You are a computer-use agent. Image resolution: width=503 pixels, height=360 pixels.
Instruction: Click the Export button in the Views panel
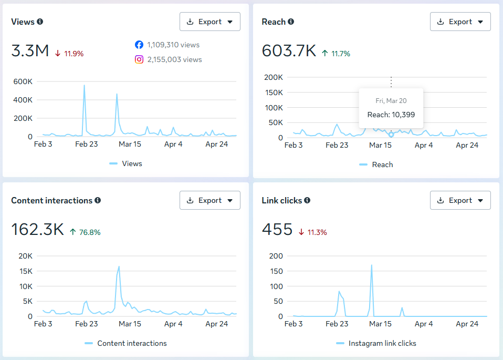coord(210,22)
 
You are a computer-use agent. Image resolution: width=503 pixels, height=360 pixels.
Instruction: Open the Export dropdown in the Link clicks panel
coord(460,200)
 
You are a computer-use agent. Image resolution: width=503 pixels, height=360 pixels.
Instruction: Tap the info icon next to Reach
coord(291,22)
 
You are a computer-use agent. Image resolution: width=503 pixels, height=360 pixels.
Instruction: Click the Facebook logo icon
coord(139,45)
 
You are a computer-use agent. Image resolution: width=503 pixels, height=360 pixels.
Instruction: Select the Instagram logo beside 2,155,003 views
coord(139,59)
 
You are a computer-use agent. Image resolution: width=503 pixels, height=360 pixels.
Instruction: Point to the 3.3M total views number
coord(30,51)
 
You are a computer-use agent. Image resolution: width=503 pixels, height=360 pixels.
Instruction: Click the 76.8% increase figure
coord(90,232)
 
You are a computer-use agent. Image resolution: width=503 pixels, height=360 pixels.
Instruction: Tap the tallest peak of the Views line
coord(85,85)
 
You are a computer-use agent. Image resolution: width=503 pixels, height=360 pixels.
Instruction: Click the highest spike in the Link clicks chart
coord(372,265)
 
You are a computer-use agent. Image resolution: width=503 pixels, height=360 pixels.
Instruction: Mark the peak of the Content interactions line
coord(119,266)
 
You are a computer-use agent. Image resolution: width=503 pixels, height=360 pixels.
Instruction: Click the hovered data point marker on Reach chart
coord(391,135)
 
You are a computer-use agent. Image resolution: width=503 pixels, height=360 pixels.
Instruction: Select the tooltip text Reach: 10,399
coord(391,115)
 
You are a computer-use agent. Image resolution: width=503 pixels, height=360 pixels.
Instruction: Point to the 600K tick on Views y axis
coord(23,81)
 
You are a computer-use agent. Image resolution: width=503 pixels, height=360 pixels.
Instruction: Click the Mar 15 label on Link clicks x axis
coord(380,324)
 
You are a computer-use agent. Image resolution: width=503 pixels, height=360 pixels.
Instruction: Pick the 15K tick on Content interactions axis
coord(26,271)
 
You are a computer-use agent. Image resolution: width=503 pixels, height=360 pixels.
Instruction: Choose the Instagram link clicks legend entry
coord(376,343)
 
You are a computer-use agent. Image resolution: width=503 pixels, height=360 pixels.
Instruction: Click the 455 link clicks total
coord(277,230)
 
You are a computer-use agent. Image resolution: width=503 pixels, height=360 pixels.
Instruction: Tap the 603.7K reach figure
coord(289,51)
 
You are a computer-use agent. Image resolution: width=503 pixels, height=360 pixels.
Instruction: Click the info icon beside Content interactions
coord(98,200)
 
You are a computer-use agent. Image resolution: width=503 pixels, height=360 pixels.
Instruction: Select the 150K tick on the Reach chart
coord(274,92)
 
